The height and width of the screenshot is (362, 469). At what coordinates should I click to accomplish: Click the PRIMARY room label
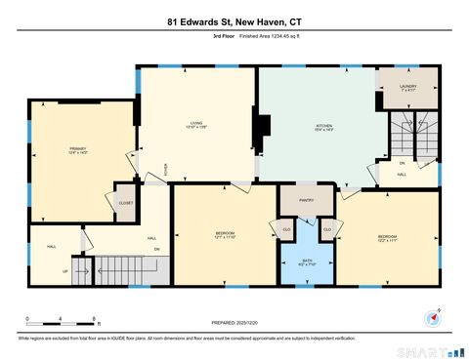(x=77, y=150)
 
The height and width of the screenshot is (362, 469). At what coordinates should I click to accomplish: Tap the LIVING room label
(x=196, y=124)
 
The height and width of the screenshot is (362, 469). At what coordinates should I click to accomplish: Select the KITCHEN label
(x=323, y=128)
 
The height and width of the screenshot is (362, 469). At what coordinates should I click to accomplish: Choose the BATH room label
(x=307, y=261)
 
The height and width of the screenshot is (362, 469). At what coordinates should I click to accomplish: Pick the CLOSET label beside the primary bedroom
(x=126, y=203)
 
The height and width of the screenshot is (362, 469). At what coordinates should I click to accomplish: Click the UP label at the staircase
(x=65, y=271)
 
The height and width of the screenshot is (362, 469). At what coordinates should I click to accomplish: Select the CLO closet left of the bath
(x=286, y=230)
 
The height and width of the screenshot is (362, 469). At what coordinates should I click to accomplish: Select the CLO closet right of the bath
(x=327, y=230)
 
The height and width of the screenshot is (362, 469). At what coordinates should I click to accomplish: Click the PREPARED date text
(x=234, y=323)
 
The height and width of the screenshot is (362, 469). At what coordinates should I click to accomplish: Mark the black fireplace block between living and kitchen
(x=262, y=127)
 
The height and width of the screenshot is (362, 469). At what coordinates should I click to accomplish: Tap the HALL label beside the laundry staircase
(x=402, y=175)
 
